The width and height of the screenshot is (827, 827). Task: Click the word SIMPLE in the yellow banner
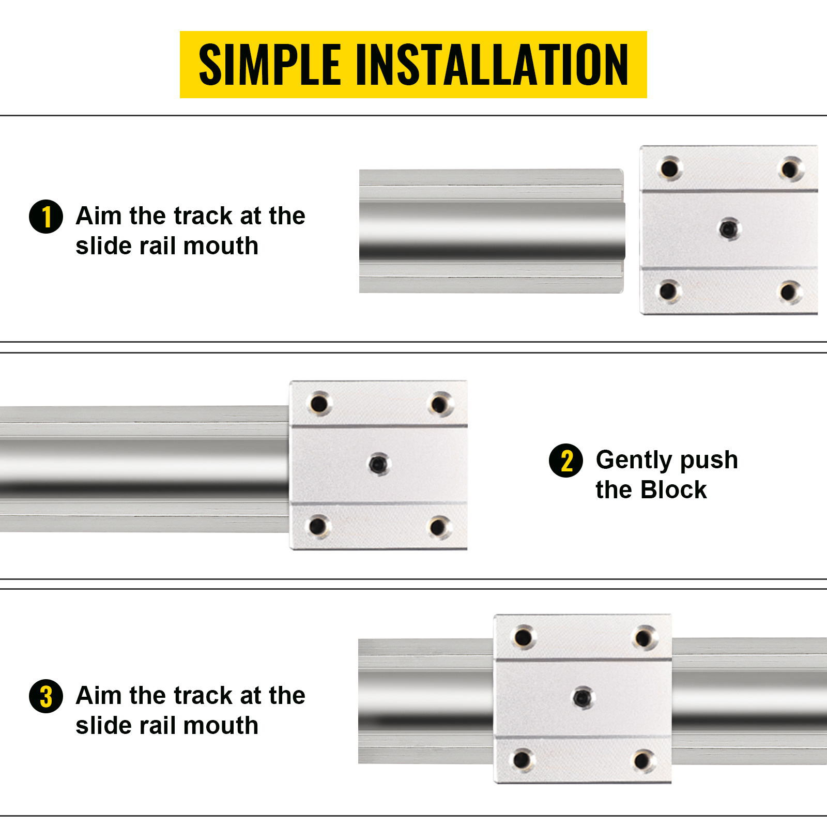pos(269,65)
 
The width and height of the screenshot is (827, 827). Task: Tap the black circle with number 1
pos(46,217)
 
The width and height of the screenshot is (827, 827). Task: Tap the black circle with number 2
pos(566,461)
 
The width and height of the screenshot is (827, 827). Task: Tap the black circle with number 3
pos(46,696)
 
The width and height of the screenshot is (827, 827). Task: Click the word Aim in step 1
pos(98,216)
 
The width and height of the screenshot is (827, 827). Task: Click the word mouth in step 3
pos(220,725)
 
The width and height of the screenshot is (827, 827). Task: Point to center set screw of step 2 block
pos(379,463)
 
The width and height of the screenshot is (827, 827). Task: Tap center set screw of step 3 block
pos(583,697)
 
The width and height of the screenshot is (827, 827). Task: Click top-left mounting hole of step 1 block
pos(669,169)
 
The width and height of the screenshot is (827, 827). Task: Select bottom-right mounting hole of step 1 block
pos(789,292)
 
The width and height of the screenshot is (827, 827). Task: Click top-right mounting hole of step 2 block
pos(440,404)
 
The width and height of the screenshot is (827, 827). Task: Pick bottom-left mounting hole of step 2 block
pos(318,526)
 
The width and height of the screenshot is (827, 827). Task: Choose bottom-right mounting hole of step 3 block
pos(643,760)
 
